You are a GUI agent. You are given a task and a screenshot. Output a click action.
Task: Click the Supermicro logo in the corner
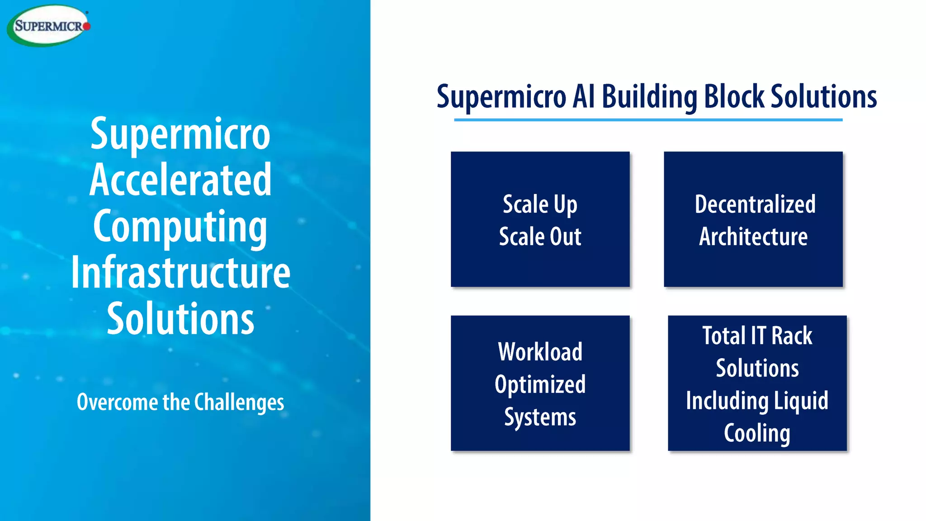tap(48, 26)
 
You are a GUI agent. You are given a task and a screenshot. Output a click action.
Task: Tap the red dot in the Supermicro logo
tap(87, 26)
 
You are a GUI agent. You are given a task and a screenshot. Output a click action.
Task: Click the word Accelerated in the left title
tap(180, 180)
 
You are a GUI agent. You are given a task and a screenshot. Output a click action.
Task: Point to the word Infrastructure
tap(180, 273)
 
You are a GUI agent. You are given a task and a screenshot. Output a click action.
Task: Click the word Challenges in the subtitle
tap(239, 402)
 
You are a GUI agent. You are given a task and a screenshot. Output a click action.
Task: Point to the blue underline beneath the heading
tap(648, 120)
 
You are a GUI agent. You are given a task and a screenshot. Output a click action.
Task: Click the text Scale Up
tap(540, 204)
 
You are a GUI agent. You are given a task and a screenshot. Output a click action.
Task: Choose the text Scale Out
tap(540, 237)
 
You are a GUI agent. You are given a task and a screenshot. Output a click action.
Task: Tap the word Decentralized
tap(755, 204)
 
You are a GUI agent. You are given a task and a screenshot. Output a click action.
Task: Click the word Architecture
tap(753, 237)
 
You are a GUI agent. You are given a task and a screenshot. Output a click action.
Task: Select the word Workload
tap(540, 352)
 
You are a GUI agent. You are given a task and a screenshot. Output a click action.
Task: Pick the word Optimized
tap(540, 385)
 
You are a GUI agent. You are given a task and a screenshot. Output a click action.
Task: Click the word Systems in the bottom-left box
tap(540, 417)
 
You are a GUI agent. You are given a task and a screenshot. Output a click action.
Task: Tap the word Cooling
tap(757, 433)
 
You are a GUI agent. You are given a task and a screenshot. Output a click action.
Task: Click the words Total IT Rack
tap(757, 336)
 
